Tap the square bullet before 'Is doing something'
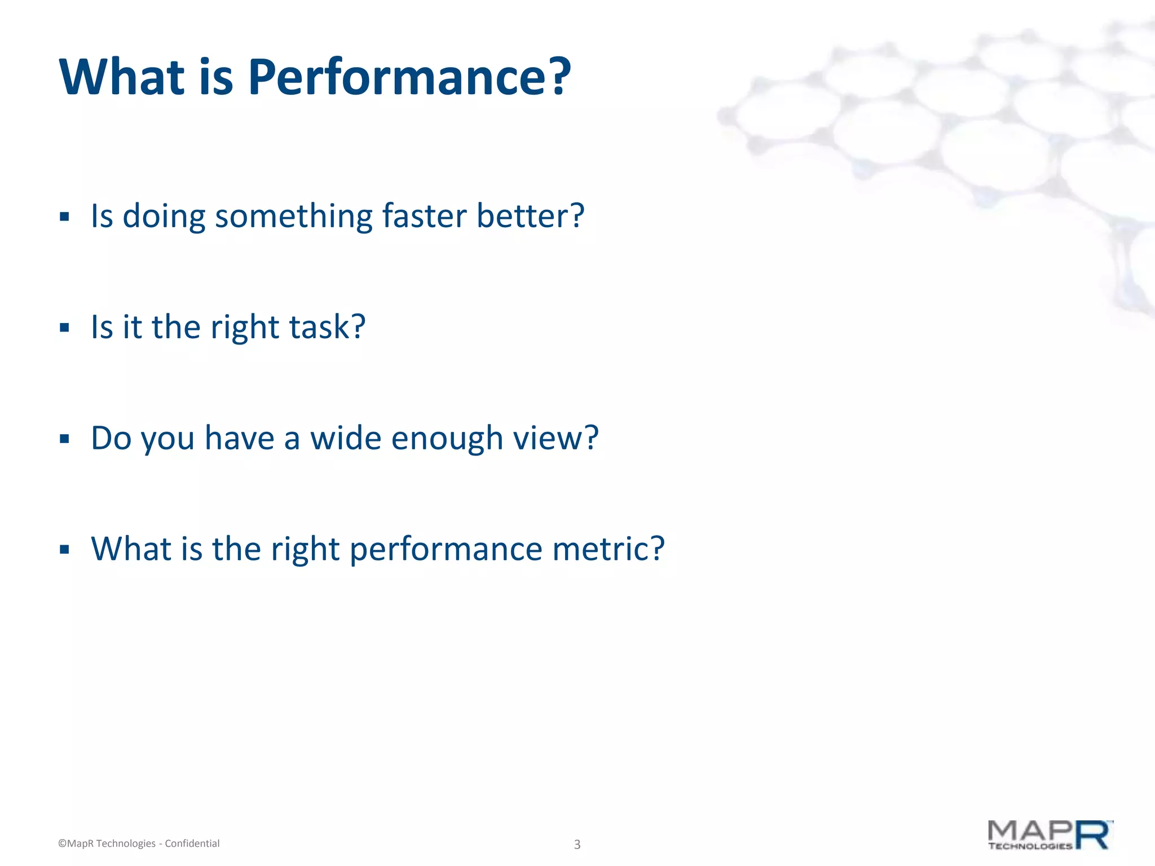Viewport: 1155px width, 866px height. coord(64,217)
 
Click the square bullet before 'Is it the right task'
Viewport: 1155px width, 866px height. coord(64,328)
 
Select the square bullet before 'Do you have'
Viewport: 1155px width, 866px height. coord(64,439)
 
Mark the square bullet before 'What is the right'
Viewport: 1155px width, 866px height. coord(64,549)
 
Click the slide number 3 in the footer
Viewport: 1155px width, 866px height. coord(577,845)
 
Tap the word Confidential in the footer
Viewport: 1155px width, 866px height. coord(192,843)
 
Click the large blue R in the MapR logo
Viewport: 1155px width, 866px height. coord(1093,835)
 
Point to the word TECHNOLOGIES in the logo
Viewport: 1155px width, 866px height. coord(1030,846)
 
